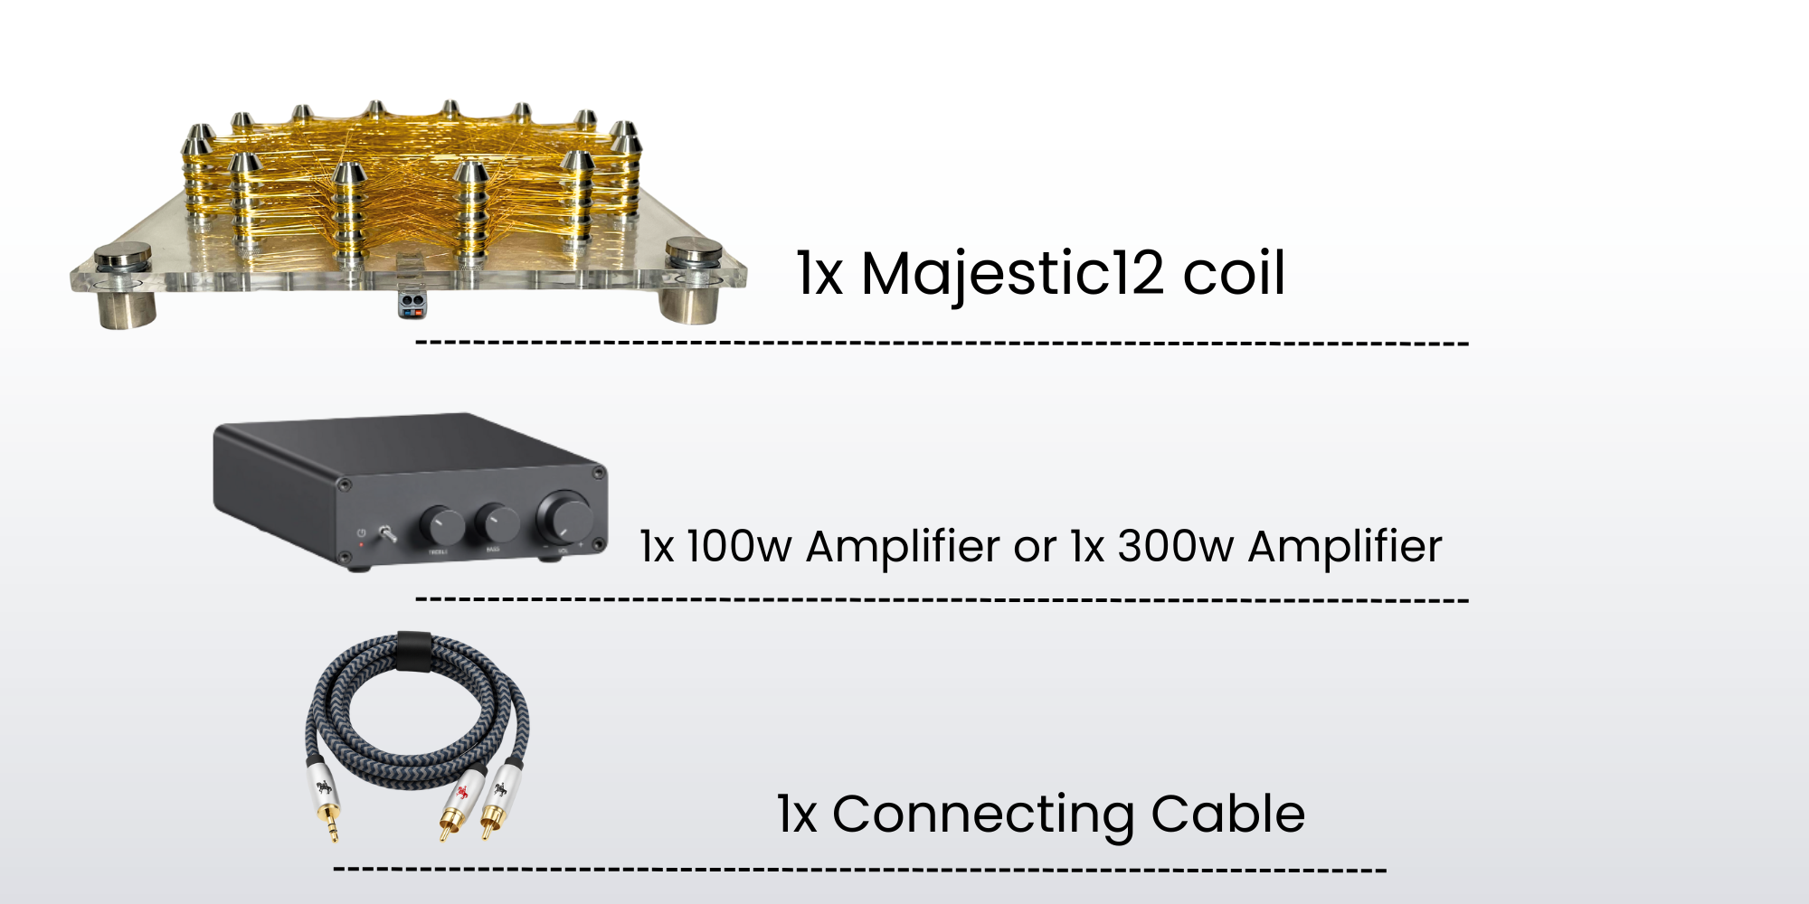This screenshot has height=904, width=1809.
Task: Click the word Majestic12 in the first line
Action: [x=1012, y=274]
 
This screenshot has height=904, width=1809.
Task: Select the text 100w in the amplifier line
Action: [x=738, y=547]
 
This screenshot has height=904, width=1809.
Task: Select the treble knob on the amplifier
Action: [x=441, y=523]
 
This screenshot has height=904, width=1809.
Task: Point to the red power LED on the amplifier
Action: [x=362, y=545]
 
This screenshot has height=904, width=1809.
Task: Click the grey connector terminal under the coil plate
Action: [x=412, y=302]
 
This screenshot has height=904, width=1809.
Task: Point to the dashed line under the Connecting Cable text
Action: [x=859, y=870]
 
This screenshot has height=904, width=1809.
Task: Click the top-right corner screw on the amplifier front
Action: [x=598, y=473]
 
